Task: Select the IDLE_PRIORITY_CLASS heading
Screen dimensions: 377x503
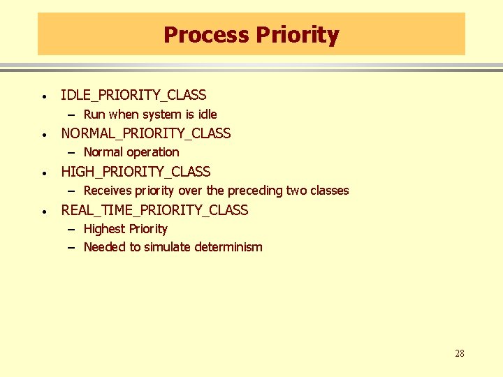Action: (x=133, y=95)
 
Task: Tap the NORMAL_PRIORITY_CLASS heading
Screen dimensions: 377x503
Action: (x=145, y=133)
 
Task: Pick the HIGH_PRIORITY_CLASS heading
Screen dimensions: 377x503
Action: (x=136, y=172)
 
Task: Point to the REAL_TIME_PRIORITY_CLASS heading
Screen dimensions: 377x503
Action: (x=154, y=210)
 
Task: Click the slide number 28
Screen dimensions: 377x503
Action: (x=459, y=354)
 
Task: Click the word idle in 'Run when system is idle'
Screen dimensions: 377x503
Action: (x=207, y=114)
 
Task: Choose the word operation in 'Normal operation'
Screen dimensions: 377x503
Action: (x=154, y=152)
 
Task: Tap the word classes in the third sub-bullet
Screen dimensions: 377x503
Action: (x=329, y=191)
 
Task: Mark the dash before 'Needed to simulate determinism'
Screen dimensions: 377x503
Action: (x=72, y=247)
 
